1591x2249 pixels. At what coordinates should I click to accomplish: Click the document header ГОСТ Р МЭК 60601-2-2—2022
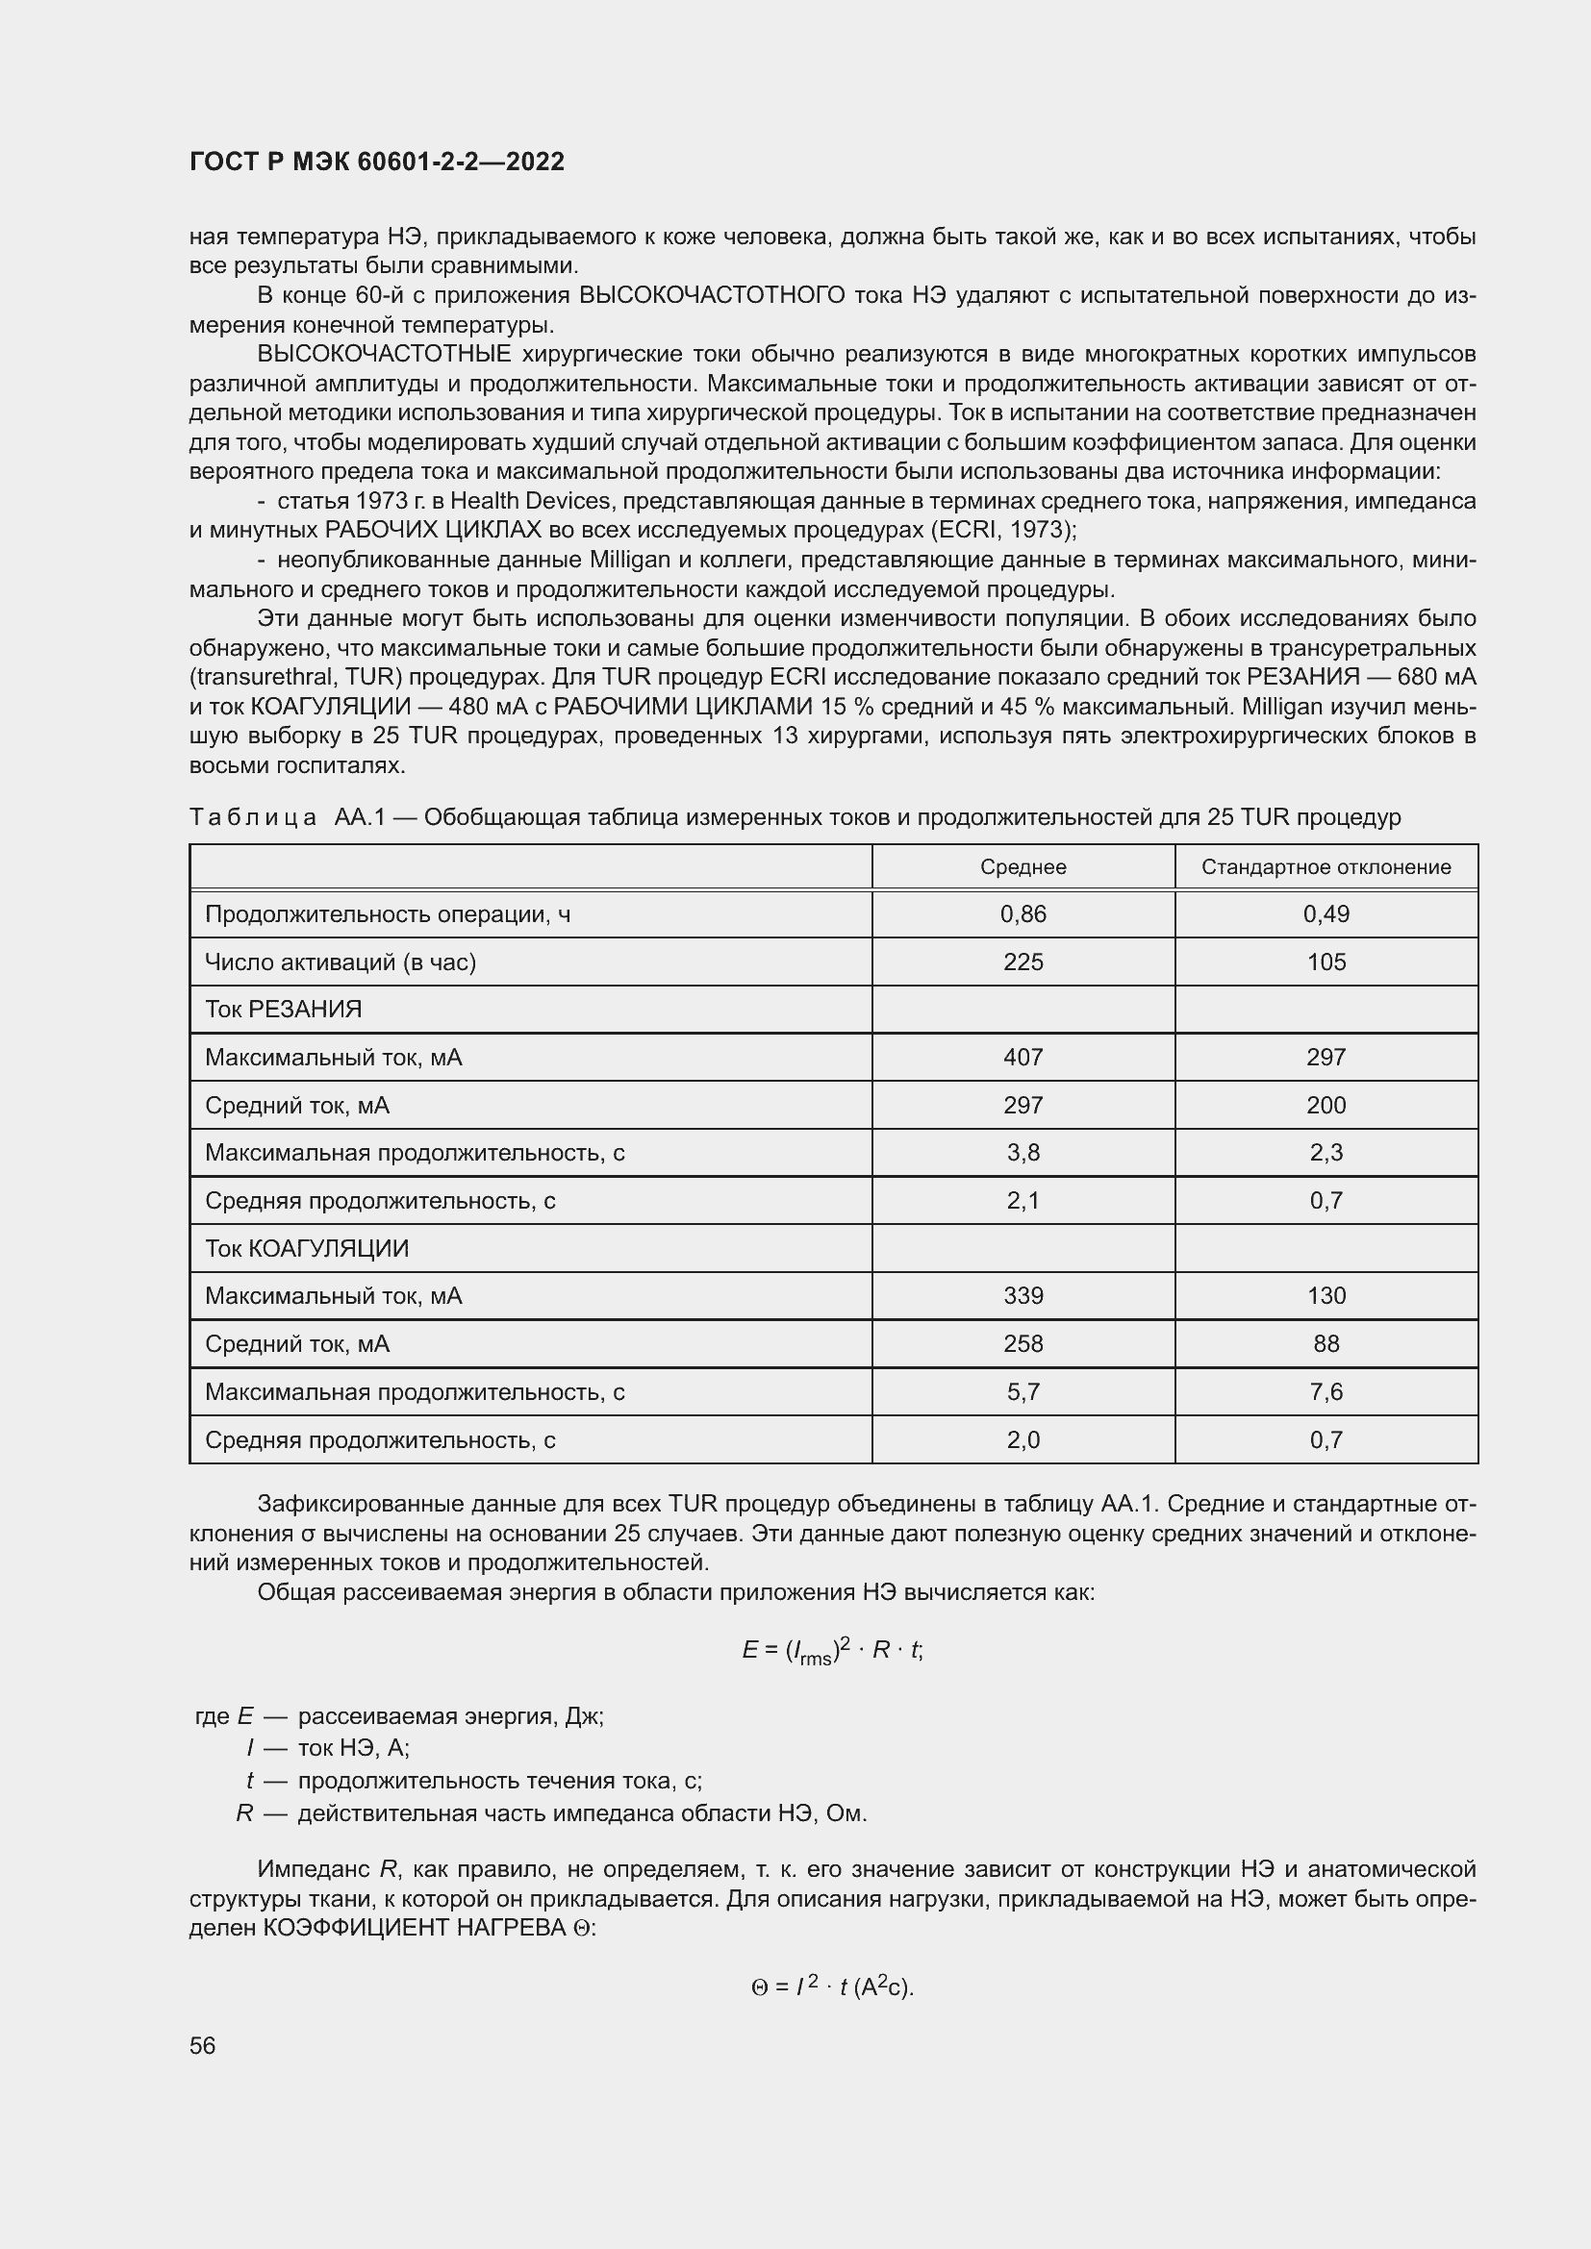click(x=377, y=162)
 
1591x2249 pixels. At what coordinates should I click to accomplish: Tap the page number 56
click(x=203, y=2045)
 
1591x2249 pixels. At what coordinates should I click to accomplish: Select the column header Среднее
click(x=1023, y=867)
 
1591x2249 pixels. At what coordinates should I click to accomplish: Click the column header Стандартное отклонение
click(x=1326, y=867)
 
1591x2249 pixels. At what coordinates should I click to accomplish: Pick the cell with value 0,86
click(x=1023, y=913)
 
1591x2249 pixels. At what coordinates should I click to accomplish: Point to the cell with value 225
click(x=1023, y=962)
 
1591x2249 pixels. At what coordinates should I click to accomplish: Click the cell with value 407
click(x=1023, y=1057)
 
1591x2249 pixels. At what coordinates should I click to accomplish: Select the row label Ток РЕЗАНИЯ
click(x=283, y=1009)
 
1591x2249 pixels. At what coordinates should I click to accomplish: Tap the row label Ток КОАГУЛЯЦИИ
click(x=307, y=1248)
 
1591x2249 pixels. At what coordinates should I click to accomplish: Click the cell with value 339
click(x=1023, y=1296)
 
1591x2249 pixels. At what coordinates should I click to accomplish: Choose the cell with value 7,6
click(x=1326, y=1392)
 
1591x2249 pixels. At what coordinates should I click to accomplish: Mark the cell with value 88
click(x=1326, y=1344)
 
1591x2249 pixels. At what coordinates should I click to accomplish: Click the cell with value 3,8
click(x=1023, y=1152)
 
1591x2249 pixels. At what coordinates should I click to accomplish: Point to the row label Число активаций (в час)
click(x=340, y=962)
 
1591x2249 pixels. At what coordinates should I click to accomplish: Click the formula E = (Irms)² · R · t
click(x=832, y=1651)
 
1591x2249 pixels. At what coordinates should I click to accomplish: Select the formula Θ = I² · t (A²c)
click(x=832, y=1987)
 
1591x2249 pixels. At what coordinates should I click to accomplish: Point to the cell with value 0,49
click(x=1326, y=913)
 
